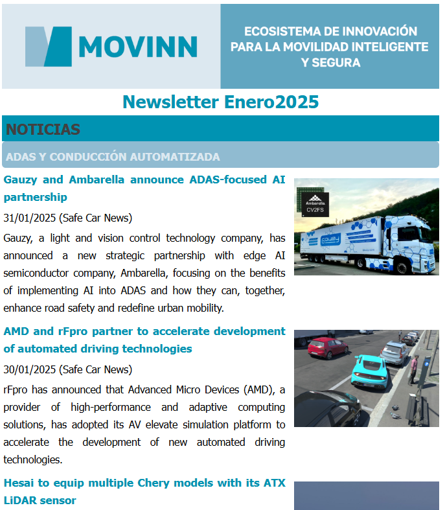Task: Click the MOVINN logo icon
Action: click(x=48, y=46)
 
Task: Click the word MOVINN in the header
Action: click(x=138, y=47)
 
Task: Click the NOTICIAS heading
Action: click(x=43, y=129)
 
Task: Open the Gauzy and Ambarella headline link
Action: click(x=144, y=188)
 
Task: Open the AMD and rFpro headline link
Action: click(x=144, y=340)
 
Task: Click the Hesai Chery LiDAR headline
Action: click(x=144, y=491)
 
